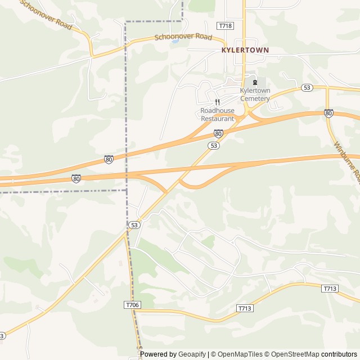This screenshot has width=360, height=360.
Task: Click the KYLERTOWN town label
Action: [x=244, y=50]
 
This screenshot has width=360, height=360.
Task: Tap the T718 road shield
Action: [x=225, y=26]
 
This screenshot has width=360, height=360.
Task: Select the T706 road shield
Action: [x=132, y=304]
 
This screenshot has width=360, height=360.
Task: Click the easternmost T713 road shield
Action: [x=330, y=289]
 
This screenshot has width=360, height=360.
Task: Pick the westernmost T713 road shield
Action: [x=245, y=308]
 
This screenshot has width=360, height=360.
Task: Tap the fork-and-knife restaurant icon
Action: [x=217, y=102]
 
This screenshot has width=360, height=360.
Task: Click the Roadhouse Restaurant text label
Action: [x=217, y=115]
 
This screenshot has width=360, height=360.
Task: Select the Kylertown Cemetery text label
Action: [x=255, y=94]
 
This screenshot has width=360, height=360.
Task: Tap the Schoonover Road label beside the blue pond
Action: [x=183, y=37]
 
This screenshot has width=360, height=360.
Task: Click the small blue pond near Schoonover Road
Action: [x=175, y=41]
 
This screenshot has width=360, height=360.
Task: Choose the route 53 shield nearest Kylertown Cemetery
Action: [x=307, y=88]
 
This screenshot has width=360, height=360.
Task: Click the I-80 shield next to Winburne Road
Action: [x=328, y=113]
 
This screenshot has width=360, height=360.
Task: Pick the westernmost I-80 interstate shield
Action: [x=76, y=178]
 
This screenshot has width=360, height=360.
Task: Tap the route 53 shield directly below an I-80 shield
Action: [x=213, y=145]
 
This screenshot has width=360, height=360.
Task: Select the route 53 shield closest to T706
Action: [x=133, y=225]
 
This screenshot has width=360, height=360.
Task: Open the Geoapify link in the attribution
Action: [x=192, y=354]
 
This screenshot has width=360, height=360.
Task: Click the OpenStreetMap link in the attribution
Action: [x=293, y=354]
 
